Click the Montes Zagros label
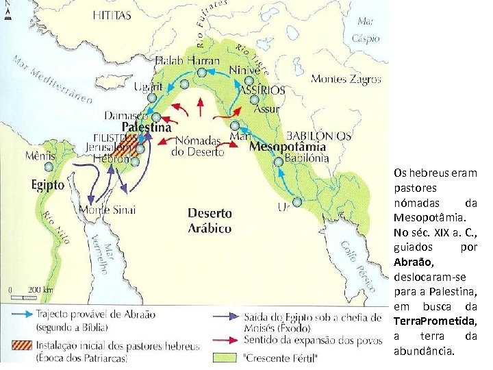pos(346,79)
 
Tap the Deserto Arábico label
pos(210,221)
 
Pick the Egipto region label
pos(47,185)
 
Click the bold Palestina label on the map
pos(147,127)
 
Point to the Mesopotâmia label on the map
pos(288,147)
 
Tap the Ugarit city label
pos(147,86)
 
